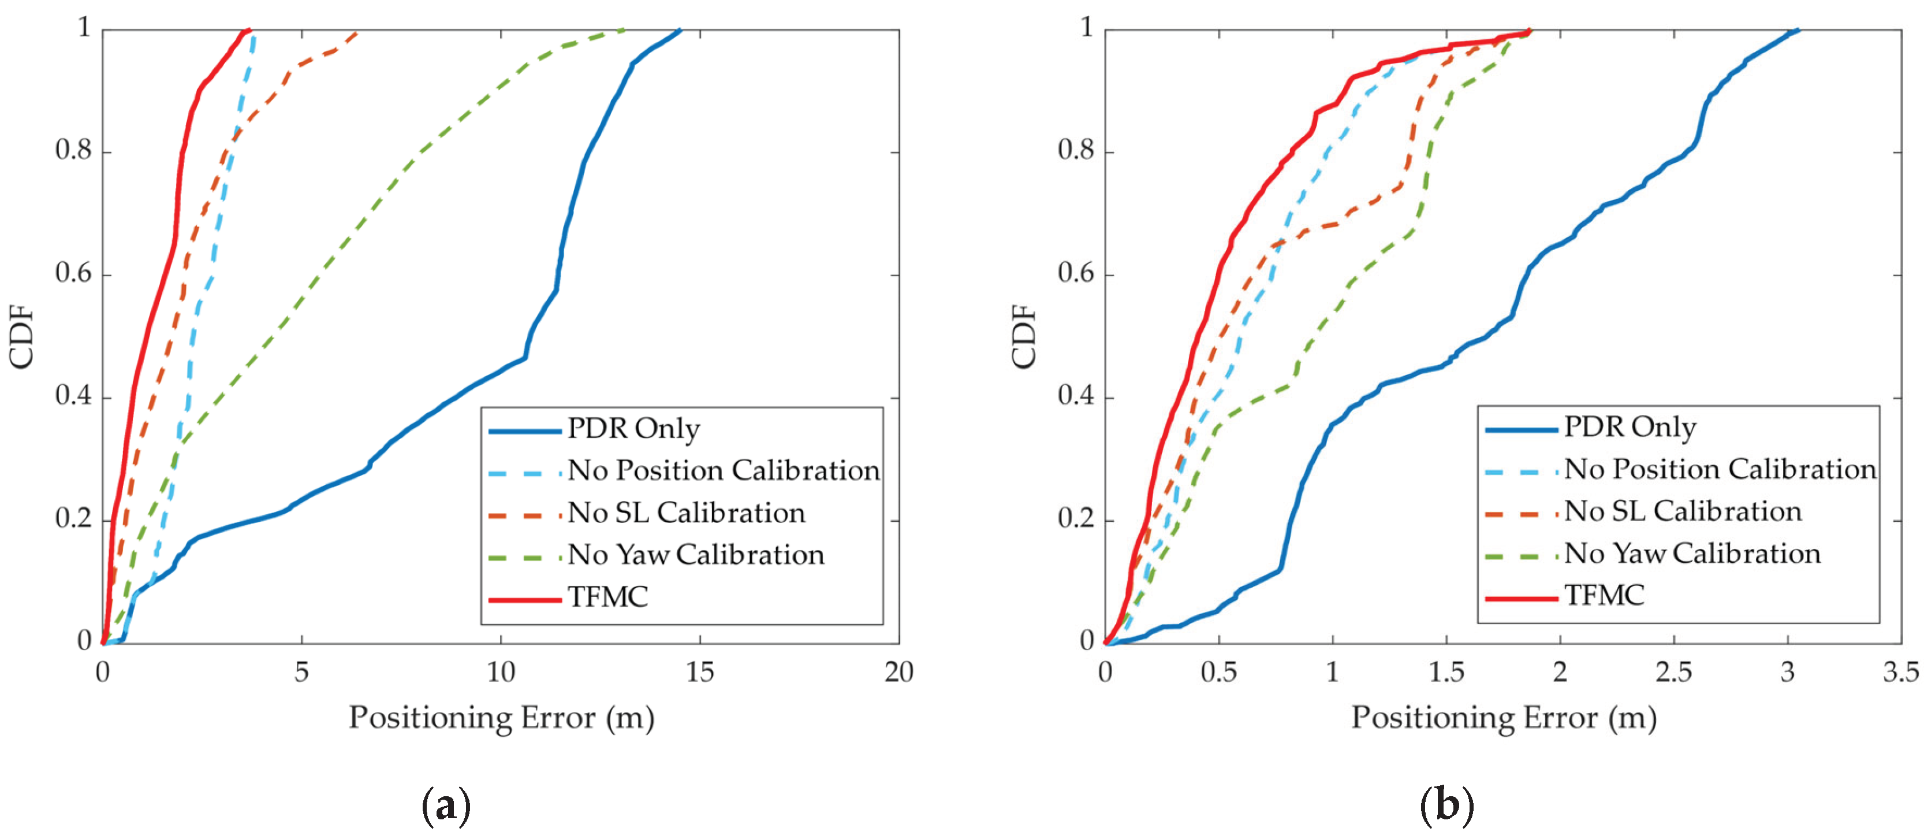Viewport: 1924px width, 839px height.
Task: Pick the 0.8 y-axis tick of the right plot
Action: pos(1076,150)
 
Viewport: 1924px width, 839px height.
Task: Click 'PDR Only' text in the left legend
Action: pos(633,429)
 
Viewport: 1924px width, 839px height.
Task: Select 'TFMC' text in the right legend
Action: pos(1604,595)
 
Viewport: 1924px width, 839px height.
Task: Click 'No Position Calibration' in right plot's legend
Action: pos(1720,469)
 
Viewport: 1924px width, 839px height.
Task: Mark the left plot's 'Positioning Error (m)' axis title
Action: pos(501,718)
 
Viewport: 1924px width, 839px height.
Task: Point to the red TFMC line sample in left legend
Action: pos(524,599)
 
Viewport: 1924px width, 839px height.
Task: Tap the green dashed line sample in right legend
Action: pos(1521,556)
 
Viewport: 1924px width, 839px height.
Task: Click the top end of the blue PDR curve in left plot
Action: pos(679,31)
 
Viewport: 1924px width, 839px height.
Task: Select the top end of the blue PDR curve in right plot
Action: pos(1797,31)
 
